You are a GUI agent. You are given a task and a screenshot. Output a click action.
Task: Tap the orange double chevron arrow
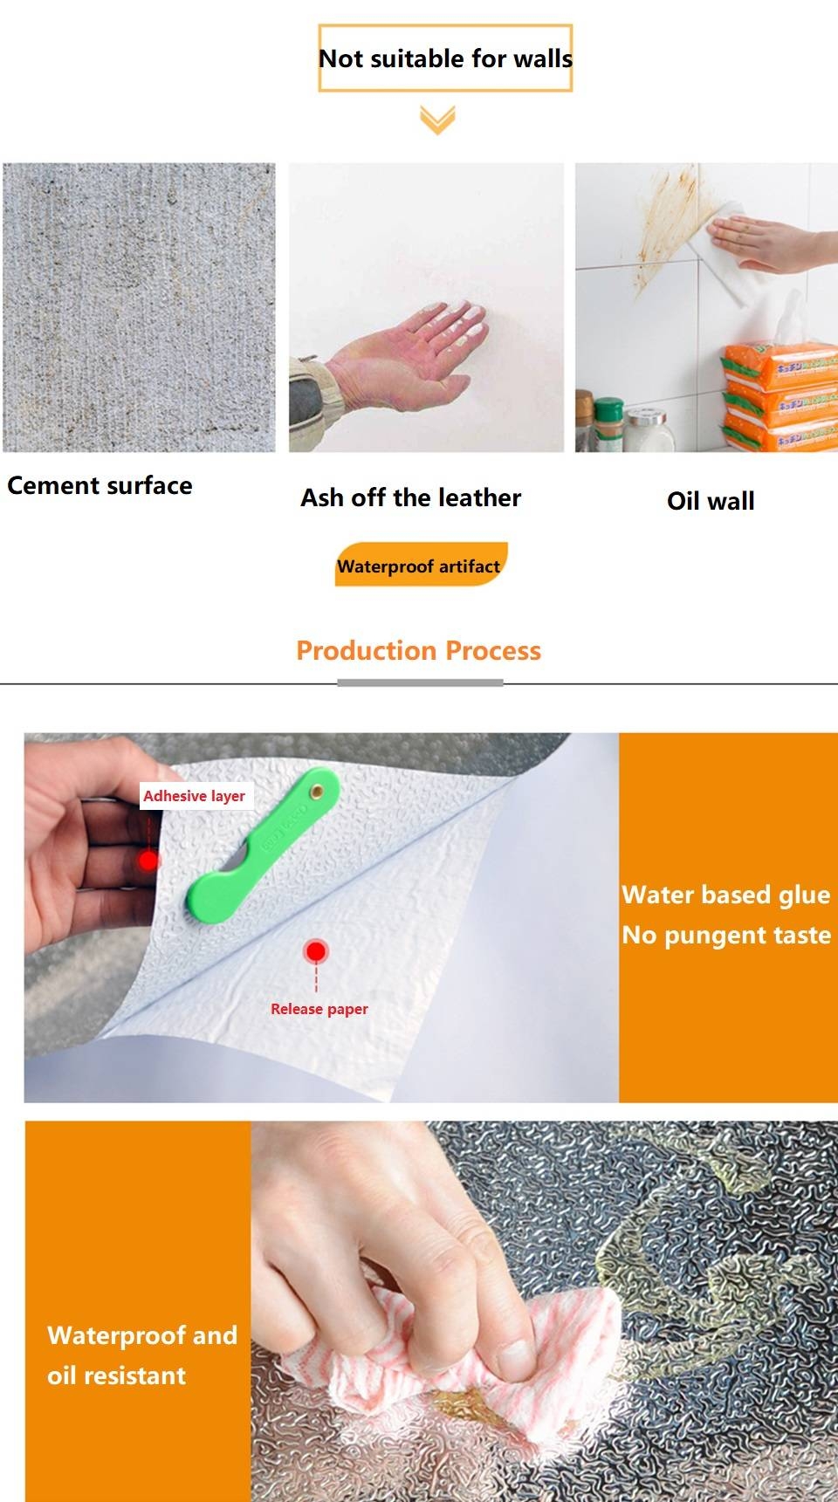tap(437, 120)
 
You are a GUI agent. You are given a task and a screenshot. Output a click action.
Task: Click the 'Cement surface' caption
tap(100, 485)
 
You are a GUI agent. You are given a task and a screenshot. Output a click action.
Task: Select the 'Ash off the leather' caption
tap(410, 497)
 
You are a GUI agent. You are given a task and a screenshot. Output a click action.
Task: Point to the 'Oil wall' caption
tap(711, 501)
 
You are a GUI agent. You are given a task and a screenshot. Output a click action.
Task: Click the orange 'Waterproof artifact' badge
tap(420, 566)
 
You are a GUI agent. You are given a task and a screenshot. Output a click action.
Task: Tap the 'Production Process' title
tap(419, 650)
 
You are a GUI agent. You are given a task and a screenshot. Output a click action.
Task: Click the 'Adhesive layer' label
tap(195, 796)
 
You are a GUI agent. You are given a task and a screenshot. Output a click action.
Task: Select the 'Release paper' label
tap(319, 1009)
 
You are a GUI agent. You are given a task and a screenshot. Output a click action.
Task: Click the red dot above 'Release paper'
tap(316, 951)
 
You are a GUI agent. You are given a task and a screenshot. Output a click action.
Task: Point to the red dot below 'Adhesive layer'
tap(149, 861)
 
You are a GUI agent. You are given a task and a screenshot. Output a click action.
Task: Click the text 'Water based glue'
tap(726, 895)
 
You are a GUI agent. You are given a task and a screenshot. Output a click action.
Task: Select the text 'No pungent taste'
tap(726, 935)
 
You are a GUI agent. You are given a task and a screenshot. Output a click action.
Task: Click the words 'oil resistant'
tap(117, 1375)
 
